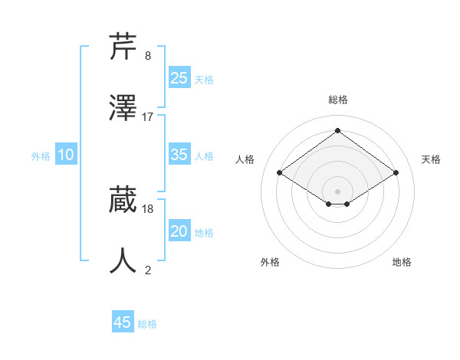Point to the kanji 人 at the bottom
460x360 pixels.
coord(123,260)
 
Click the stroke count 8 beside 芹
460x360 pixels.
coord(148,56)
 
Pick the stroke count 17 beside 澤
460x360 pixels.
coord(148,117)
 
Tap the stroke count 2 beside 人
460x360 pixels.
coord(148,270)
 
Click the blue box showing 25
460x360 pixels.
coord(179,78)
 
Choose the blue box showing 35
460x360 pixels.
coord(179,155)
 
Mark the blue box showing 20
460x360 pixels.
coord(179,231)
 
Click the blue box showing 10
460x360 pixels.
coord(65,155)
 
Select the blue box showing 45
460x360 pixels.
coord(122,322)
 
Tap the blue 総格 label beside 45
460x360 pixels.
coord(147,324)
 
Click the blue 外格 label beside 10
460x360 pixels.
coord(41,156)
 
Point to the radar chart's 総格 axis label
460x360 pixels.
coord(337,100)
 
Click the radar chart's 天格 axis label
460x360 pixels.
coord(431,159)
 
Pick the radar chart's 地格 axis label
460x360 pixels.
coord(402,262)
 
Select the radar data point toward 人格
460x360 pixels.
coord(280,173)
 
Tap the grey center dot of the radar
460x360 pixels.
coord(337,191)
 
